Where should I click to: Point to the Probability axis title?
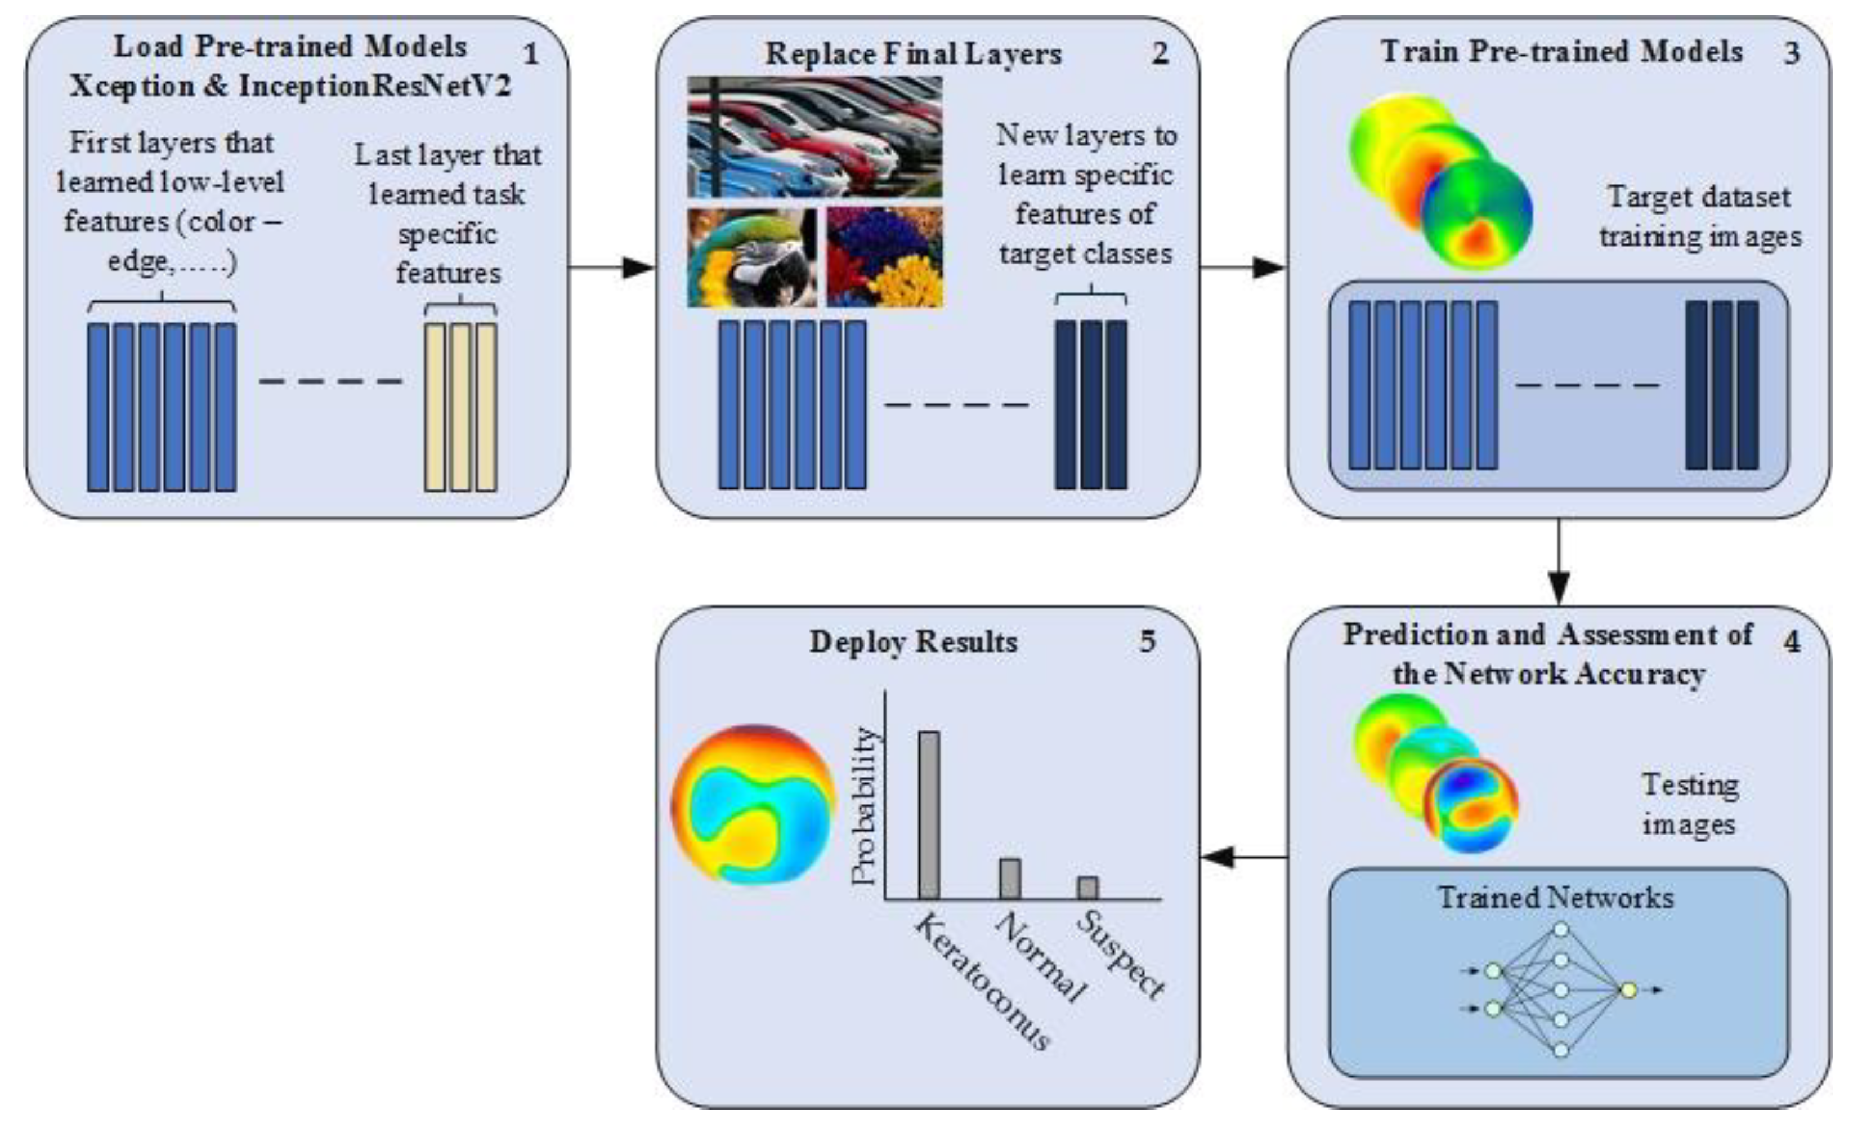click(864, 806)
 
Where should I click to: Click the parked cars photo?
click(814, 137)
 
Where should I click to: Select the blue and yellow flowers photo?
click(885, 258)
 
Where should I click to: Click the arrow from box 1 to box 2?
click(612, 267)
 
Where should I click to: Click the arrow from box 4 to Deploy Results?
click(1243, 857)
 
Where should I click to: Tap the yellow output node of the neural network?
click(1628, 989)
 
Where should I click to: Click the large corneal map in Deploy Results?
click(754, 804)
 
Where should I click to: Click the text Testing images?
click(1690, 804)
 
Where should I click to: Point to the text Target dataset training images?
click(1699, 217)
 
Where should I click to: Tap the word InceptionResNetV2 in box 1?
click(375, 86)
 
